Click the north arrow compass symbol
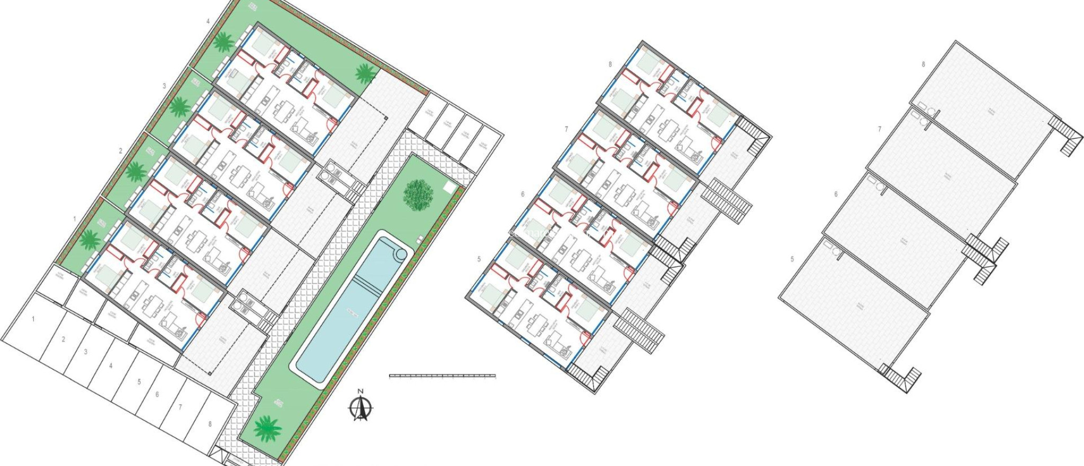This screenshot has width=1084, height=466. click(360, 408)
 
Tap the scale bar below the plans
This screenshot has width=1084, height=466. click(442, 376)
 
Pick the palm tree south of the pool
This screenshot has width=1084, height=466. click(267, 428)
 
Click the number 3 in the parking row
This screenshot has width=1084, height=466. click(86, 352)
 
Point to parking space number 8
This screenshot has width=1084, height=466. click(210, 424)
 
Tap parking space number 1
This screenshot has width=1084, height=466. click(33, 319)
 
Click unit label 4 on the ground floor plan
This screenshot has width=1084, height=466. click(208, 21)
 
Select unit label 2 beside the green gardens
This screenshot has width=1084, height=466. click(120, 151)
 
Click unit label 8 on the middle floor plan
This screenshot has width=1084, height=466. click(610, 65)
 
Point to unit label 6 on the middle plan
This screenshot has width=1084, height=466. click(522, 194)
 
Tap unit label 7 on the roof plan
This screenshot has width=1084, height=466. click(880, 129)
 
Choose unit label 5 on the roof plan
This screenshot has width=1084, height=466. click(792, 259)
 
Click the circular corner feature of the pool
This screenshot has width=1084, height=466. click(401, 254)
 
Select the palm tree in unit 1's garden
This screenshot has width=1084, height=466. click(89, 239)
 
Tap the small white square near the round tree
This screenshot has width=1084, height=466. click(449, 187)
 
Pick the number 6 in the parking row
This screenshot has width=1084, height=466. click(157, 395)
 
